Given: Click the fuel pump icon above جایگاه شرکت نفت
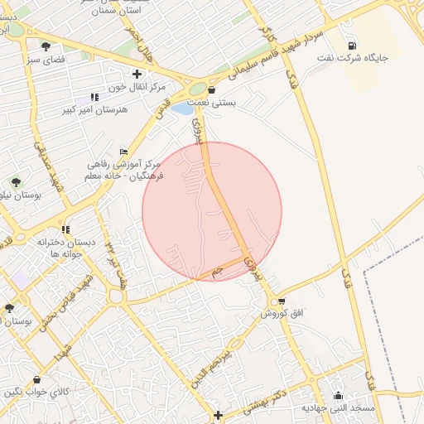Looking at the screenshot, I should [354, 46].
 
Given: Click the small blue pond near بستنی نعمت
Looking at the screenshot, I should [183, 108].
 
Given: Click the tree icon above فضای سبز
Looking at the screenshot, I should [45, 47].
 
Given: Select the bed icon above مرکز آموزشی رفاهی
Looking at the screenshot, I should [124, 151].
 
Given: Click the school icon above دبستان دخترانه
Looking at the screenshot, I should [65, 229].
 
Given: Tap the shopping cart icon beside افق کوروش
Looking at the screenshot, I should [282, 301].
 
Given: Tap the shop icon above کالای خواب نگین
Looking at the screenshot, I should [36, 380].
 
